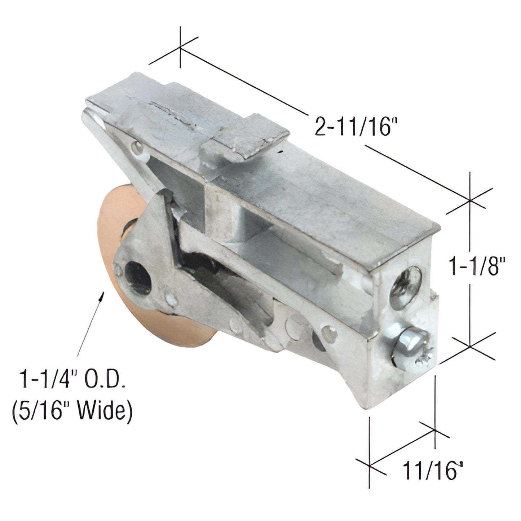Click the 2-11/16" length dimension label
(x=353, y=125)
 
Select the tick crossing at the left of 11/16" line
(x=370, y=465)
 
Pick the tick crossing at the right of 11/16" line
(x=435, y=430)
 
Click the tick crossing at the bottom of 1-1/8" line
(x=470, y=345)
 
